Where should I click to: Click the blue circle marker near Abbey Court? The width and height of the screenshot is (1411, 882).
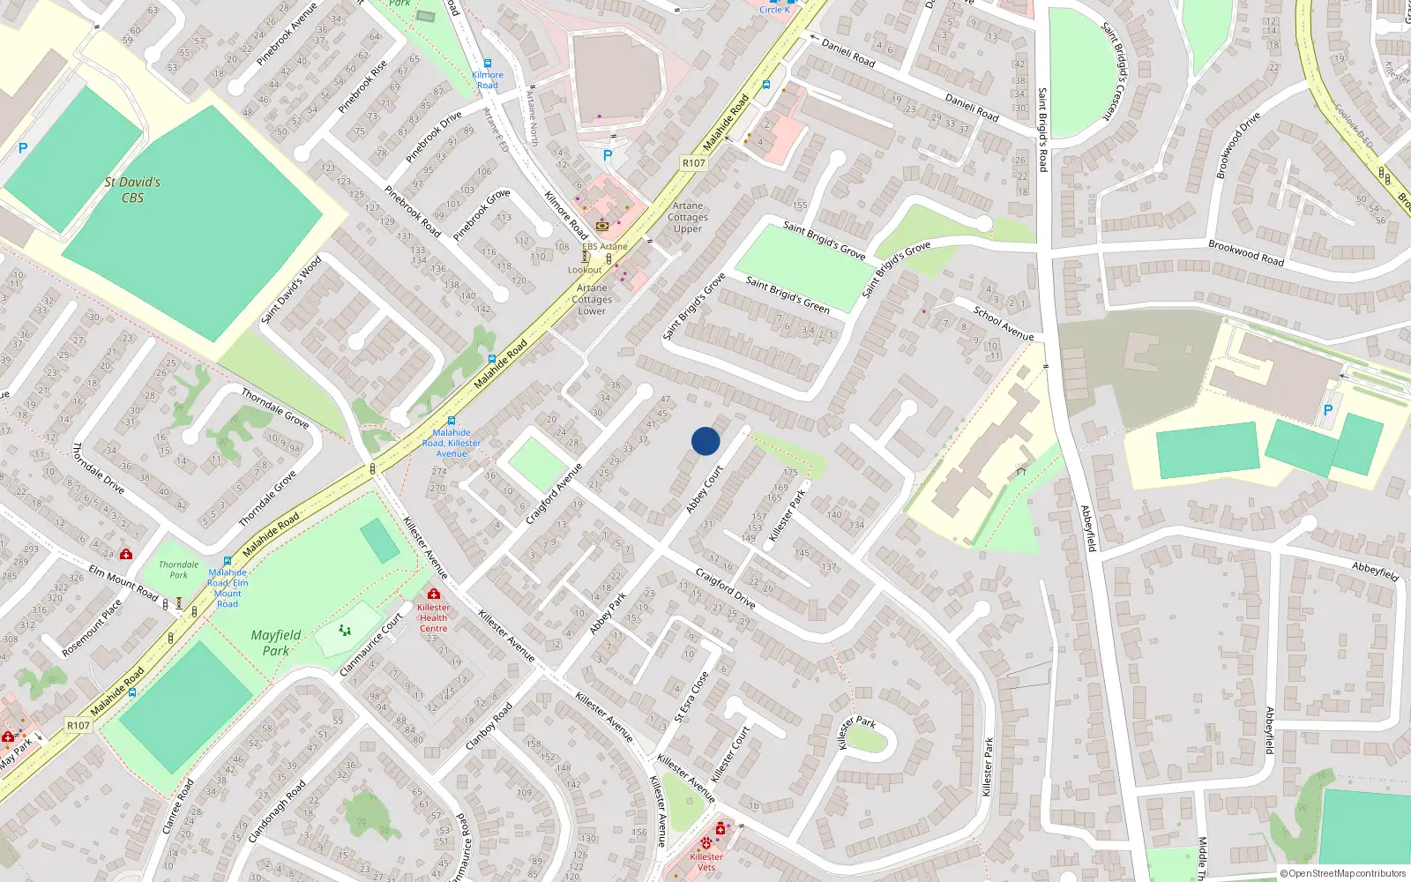point(705,441)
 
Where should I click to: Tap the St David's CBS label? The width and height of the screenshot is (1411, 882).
point(132,190)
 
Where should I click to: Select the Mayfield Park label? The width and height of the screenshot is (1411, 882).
point(276,642)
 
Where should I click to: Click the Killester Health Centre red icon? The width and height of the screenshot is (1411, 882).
point(433,594)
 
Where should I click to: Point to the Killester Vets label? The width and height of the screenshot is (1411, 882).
point(706,862)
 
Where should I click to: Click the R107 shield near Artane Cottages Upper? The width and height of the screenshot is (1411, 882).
point(694,162)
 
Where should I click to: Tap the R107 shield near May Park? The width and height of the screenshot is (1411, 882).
point(78,725)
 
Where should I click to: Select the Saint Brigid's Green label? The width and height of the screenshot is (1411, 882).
point(788,295)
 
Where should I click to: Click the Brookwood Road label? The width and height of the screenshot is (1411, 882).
point(1246,252)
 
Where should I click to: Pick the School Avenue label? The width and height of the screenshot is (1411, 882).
point(1004,324)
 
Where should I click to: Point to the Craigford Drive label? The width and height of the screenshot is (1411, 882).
point(725,589)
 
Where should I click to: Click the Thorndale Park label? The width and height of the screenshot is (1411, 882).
point(179,570)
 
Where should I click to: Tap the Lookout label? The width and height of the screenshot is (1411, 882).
point(585,270)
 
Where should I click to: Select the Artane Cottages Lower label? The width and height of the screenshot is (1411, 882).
point(592,299)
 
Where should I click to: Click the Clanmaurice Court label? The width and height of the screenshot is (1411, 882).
point(371,644)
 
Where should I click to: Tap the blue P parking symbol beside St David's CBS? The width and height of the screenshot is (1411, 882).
point(23,149)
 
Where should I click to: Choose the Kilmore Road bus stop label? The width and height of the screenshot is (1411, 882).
point(488,79)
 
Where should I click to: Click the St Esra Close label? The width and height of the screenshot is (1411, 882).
point(691,697)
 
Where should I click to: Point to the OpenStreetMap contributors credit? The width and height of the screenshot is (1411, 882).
point(1343,873)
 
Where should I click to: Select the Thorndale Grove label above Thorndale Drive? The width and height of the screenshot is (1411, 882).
point(275,408)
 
